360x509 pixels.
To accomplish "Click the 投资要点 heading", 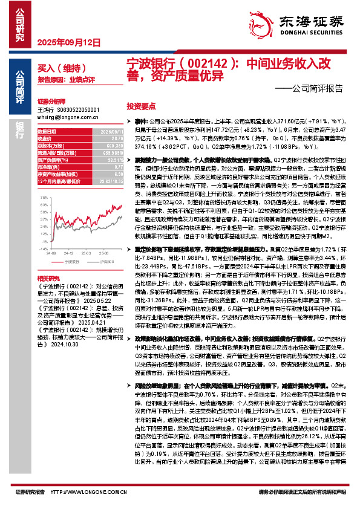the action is (139, 104).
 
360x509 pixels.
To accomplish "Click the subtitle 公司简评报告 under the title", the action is (312, 88).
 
